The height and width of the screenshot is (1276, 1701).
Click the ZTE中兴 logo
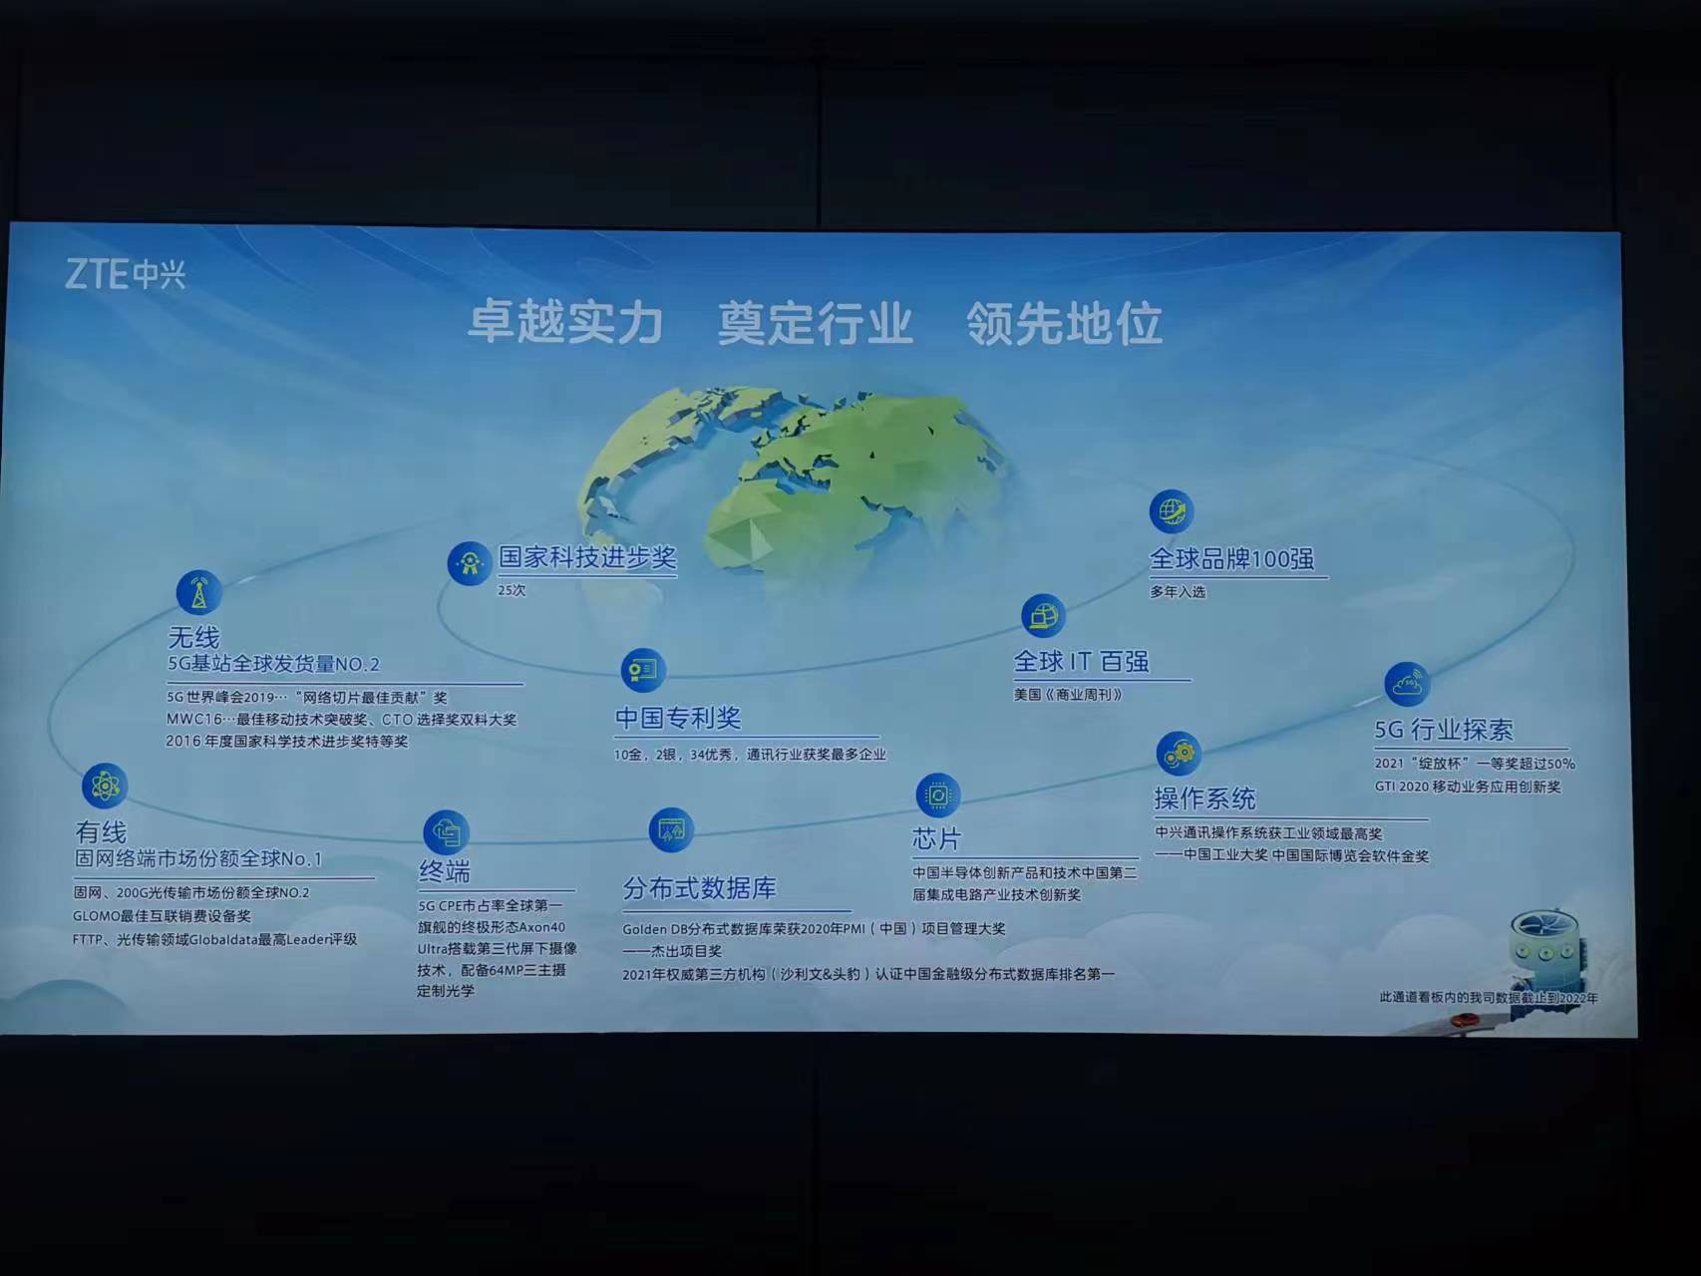pos(125,274)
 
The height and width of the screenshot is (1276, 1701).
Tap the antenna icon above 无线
pos(198,592)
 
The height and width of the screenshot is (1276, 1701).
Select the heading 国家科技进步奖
pos(587,557)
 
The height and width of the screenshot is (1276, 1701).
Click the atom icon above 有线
pos(105,786)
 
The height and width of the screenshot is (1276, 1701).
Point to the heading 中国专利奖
pos(678,718)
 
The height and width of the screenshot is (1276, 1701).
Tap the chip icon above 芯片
pos(937,796)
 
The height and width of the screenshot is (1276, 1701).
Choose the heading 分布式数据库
pos(699,888)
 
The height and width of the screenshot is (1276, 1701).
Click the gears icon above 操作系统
pos(1179,753)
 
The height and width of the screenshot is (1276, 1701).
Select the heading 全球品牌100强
pos(1231,559)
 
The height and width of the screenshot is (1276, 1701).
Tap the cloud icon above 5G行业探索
pos(1407,684)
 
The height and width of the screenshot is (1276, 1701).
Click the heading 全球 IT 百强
pos(1081,662)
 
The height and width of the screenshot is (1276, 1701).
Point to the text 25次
pos(511,590)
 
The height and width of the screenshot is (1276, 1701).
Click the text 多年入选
pos(1178,592)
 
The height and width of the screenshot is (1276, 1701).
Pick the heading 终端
pos(444,872)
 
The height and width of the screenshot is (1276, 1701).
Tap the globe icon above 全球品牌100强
pos(1171,511)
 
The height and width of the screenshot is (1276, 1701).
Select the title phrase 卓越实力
pos(565,323)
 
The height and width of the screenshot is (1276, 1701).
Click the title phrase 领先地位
pos(1064,323)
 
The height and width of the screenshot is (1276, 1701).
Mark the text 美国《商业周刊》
pos(1068,695)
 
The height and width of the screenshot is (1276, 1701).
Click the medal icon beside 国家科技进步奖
pos(469,564)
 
